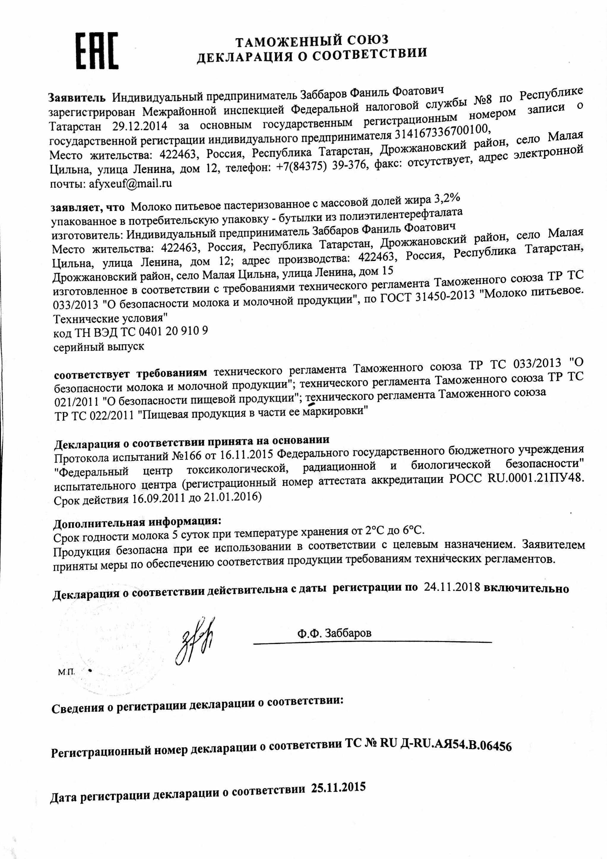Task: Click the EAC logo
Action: pos(97,51)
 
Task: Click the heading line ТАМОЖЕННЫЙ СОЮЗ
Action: pos(312,40)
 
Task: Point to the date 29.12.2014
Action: pos(140,125)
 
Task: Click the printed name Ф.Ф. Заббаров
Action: pos(335,633)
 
